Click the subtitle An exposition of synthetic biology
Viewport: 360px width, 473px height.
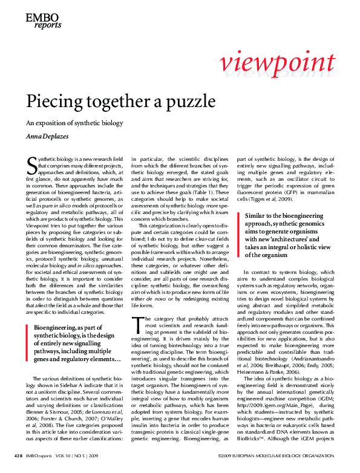(74, 123)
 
